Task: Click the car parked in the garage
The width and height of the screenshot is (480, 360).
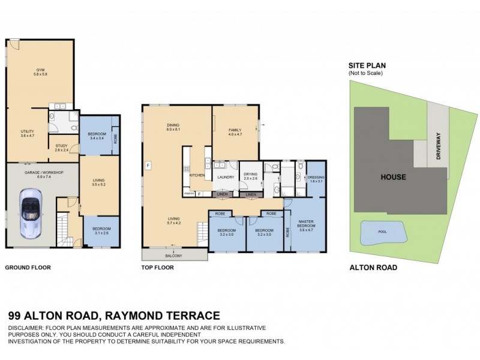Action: coord(31,211)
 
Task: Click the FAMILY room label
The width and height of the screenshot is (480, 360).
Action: coord(235,132)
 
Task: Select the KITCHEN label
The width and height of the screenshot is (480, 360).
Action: coord(197,175)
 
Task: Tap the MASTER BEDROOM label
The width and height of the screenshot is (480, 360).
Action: coord(307,226)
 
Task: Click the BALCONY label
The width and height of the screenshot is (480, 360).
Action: coord(175,256)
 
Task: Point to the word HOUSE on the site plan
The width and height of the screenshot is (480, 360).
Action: coord(392,177)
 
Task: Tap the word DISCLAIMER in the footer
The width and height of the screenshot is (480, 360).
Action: coord(25,328)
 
